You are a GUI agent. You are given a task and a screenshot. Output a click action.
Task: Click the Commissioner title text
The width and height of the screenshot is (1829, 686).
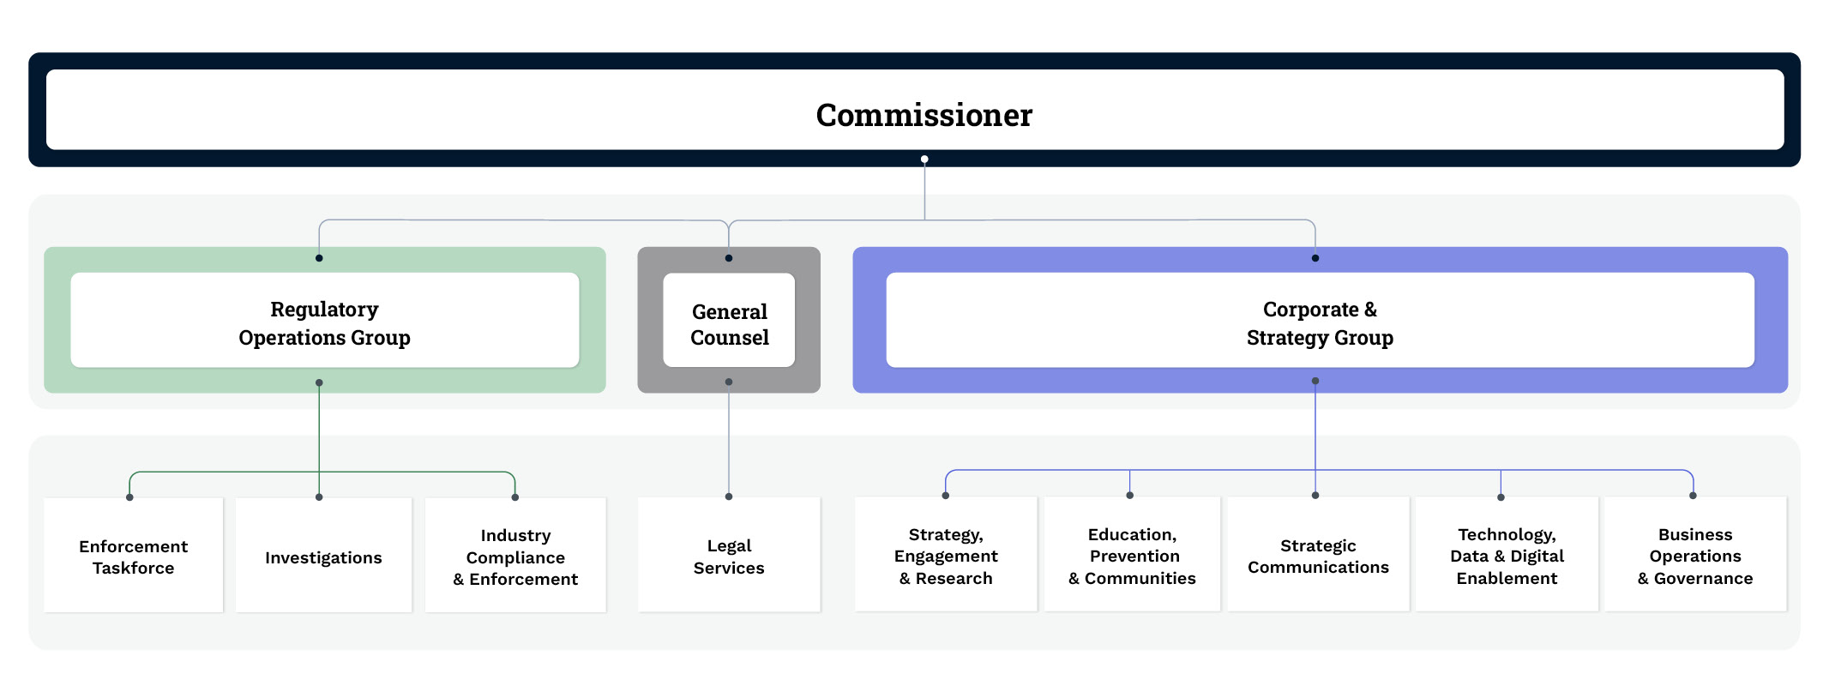pyautogui.click(x=924, y=115)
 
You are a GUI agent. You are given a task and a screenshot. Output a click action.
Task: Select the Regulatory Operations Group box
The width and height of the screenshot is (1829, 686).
pyautogui.click(x=324, y=322)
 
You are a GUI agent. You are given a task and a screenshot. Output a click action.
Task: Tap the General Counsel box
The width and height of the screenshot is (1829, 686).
pyautogui.click(x=729, y=324)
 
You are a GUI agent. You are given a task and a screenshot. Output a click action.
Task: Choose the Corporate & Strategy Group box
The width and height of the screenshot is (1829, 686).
pyautogui.click(x=1320, y=322)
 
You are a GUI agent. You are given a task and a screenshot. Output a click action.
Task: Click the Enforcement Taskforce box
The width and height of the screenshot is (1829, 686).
pyautogui.click(x=133, y=557)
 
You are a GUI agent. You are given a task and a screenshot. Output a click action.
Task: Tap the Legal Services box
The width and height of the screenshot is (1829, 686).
pyautogui.click(x=729, y=557)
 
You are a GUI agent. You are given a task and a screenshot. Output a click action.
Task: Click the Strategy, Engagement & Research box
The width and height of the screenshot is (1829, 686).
pyautogui.click(x=946, y=556)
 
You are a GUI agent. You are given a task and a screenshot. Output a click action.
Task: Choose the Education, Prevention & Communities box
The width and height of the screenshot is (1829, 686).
pyautogui.click(x=1132, y=556)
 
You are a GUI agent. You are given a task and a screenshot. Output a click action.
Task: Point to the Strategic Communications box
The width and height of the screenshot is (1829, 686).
pyautogui.click(x=1318, y=556)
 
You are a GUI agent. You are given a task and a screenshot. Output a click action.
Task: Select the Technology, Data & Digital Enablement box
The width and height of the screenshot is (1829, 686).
pyautogui.click(x=1507, y=556)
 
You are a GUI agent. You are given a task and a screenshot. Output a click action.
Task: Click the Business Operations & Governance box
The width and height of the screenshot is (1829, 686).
pyautogui.click(x=1695, y=556)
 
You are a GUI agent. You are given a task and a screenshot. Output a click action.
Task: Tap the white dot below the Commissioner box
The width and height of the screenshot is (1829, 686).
pyautogui.click(x=924, y=159)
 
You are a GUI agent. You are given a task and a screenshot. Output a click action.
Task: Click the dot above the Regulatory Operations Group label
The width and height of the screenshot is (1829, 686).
pyautogui.click(x=319, y=258)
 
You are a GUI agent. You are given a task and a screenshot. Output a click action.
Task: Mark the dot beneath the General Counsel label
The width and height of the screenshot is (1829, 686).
pyautogui.click(x=729, y=382)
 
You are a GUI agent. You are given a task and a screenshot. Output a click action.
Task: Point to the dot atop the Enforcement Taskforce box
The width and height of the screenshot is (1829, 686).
pyautogui.click(x=129, y=497)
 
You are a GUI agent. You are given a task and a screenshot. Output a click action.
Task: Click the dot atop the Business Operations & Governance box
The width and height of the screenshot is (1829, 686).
pyautogui.click(x=1693, y=496)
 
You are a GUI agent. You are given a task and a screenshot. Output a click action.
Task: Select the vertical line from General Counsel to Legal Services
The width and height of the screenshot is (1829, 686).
pyautogui.click(x=729, y=442)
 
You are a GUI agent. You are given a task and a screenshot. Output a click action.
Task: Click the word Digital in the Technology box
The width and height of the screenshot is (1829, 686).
pyautogui.click(x=1537, y=556)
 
